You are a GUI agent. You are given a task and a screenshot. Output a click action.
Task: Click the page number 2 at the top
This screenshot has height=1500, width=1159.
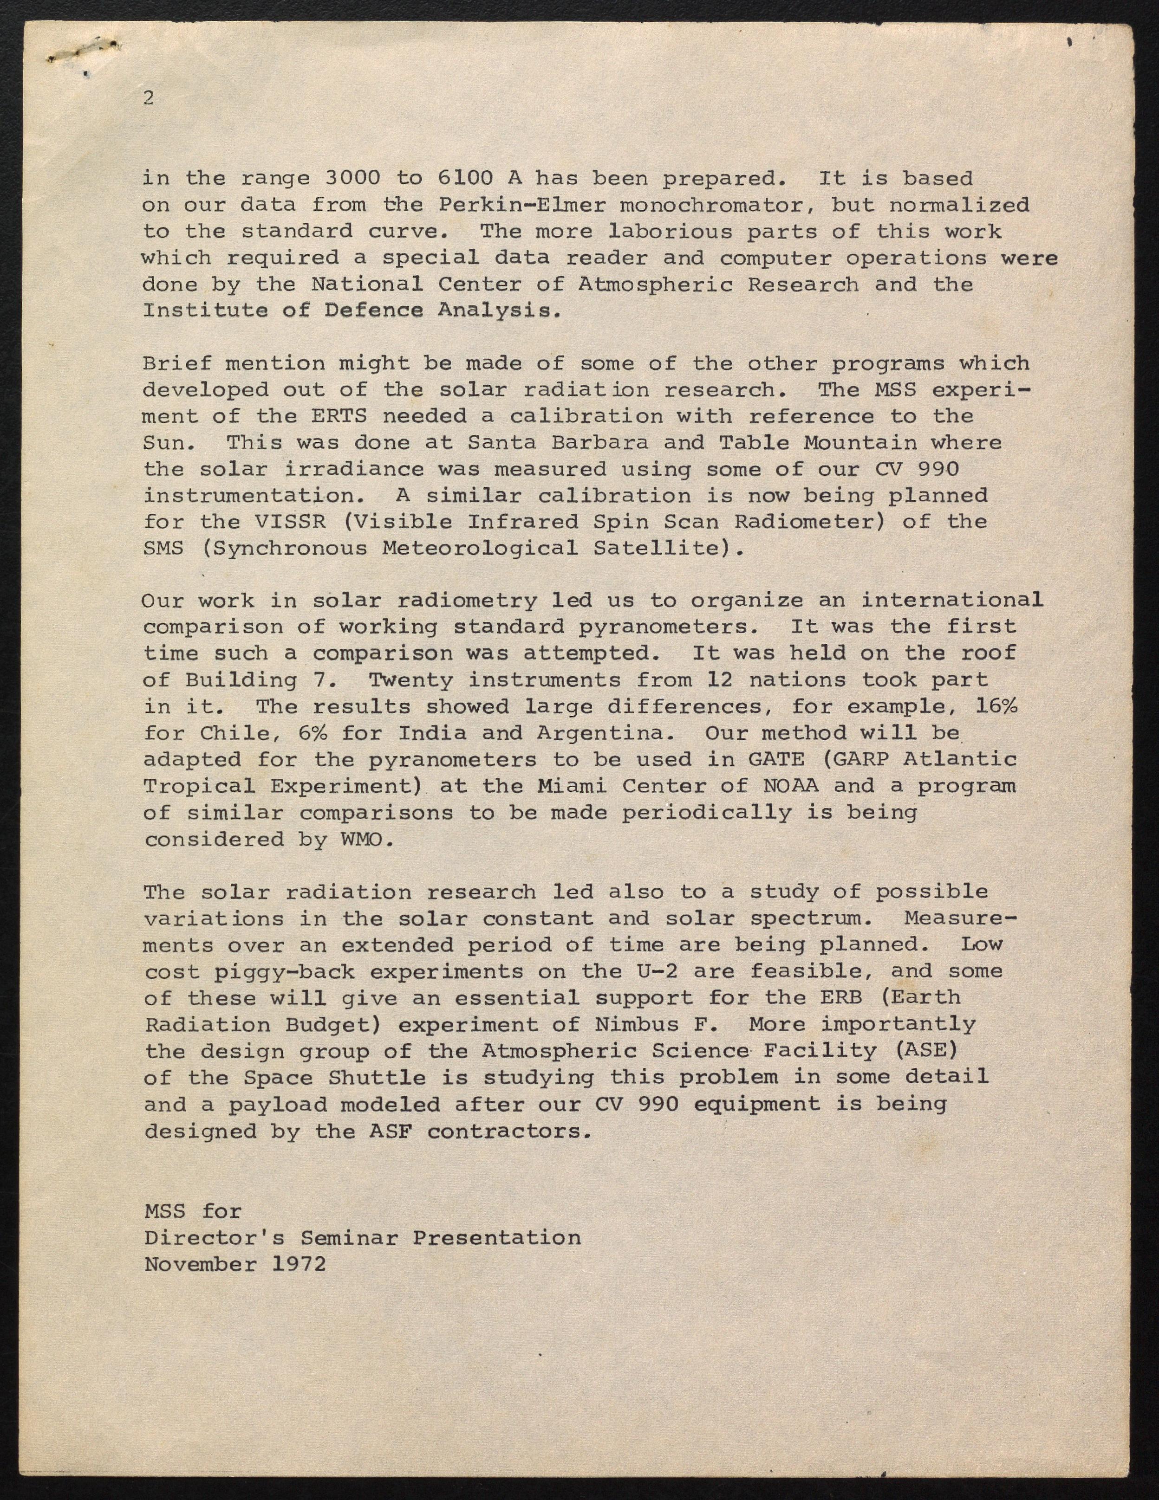[x=149, y=98]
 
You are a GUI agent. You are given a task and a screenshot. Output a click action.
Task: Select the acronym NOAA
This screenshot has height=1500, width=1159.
[x=790, y=786]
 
